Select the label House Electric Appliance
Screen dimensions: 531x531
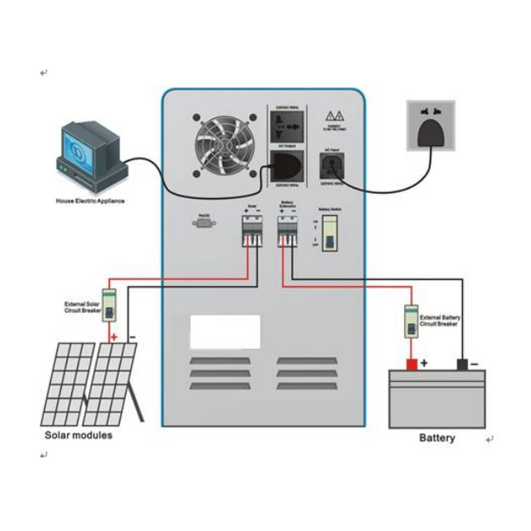90,201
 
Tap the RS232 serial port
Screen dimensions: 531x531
202,222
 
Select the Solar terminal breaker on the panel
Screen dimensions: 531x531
251,230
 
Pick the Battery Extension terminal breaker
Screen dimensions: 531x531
287,230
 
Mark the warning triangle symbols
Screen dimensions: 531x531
336,115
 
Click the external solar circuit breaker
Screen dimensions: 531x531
109,306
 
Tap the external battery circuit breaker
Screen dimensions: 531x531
411,321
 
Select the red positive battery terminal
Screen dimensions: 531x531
411,364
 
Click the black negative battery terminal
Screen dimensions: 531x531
463,365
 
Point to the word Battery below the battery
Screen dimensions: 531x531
437,438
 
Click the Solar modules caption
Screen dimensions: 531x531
78,435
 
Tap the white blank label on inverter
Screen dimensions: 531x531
225,332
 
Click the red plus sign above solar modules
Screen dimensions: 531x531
114,338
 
